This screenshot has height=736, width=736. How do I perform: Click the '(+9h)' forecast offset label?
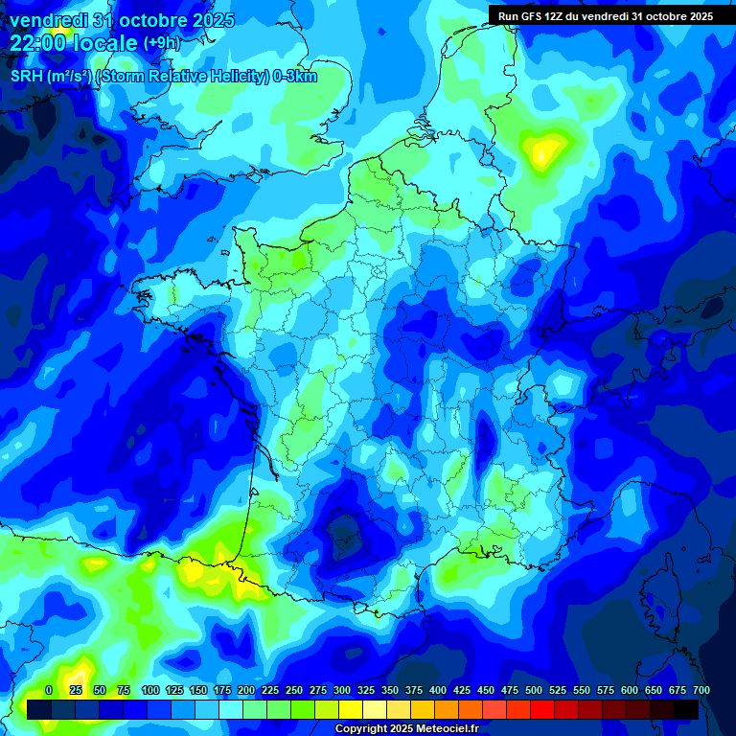(x=162, y=42)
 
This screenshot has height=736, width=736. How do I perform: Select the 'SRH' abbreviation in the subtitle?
(x=26, y=77)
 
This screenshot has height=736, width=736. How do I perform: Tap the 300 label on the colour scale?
(x=342, y=691)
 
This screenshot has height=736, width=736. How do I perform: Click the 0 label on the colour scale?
(x=49, y=691)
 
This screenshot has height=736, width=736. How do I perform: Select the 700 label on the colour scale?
(x=701, y=691)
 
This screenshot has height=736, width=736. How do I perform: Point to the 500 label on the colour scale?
(x=534, y=691)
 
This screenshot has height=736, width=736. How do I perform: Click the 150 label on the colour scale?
(x=198, y=691)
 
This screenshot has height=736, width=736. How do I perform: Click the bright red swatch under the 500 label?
(x=542, y=709)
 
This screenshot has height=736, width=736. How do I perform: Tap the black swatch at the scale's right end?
(x=686, y=709)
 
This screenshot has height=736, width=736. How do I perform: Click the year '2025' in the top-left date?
(x=208, y=20)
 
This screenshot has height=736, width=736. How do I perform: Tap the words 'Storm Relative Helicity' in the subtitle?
(x=182, y=77)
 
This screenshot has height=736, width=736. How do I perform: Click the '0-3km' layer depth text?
(x=295, y=77)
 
